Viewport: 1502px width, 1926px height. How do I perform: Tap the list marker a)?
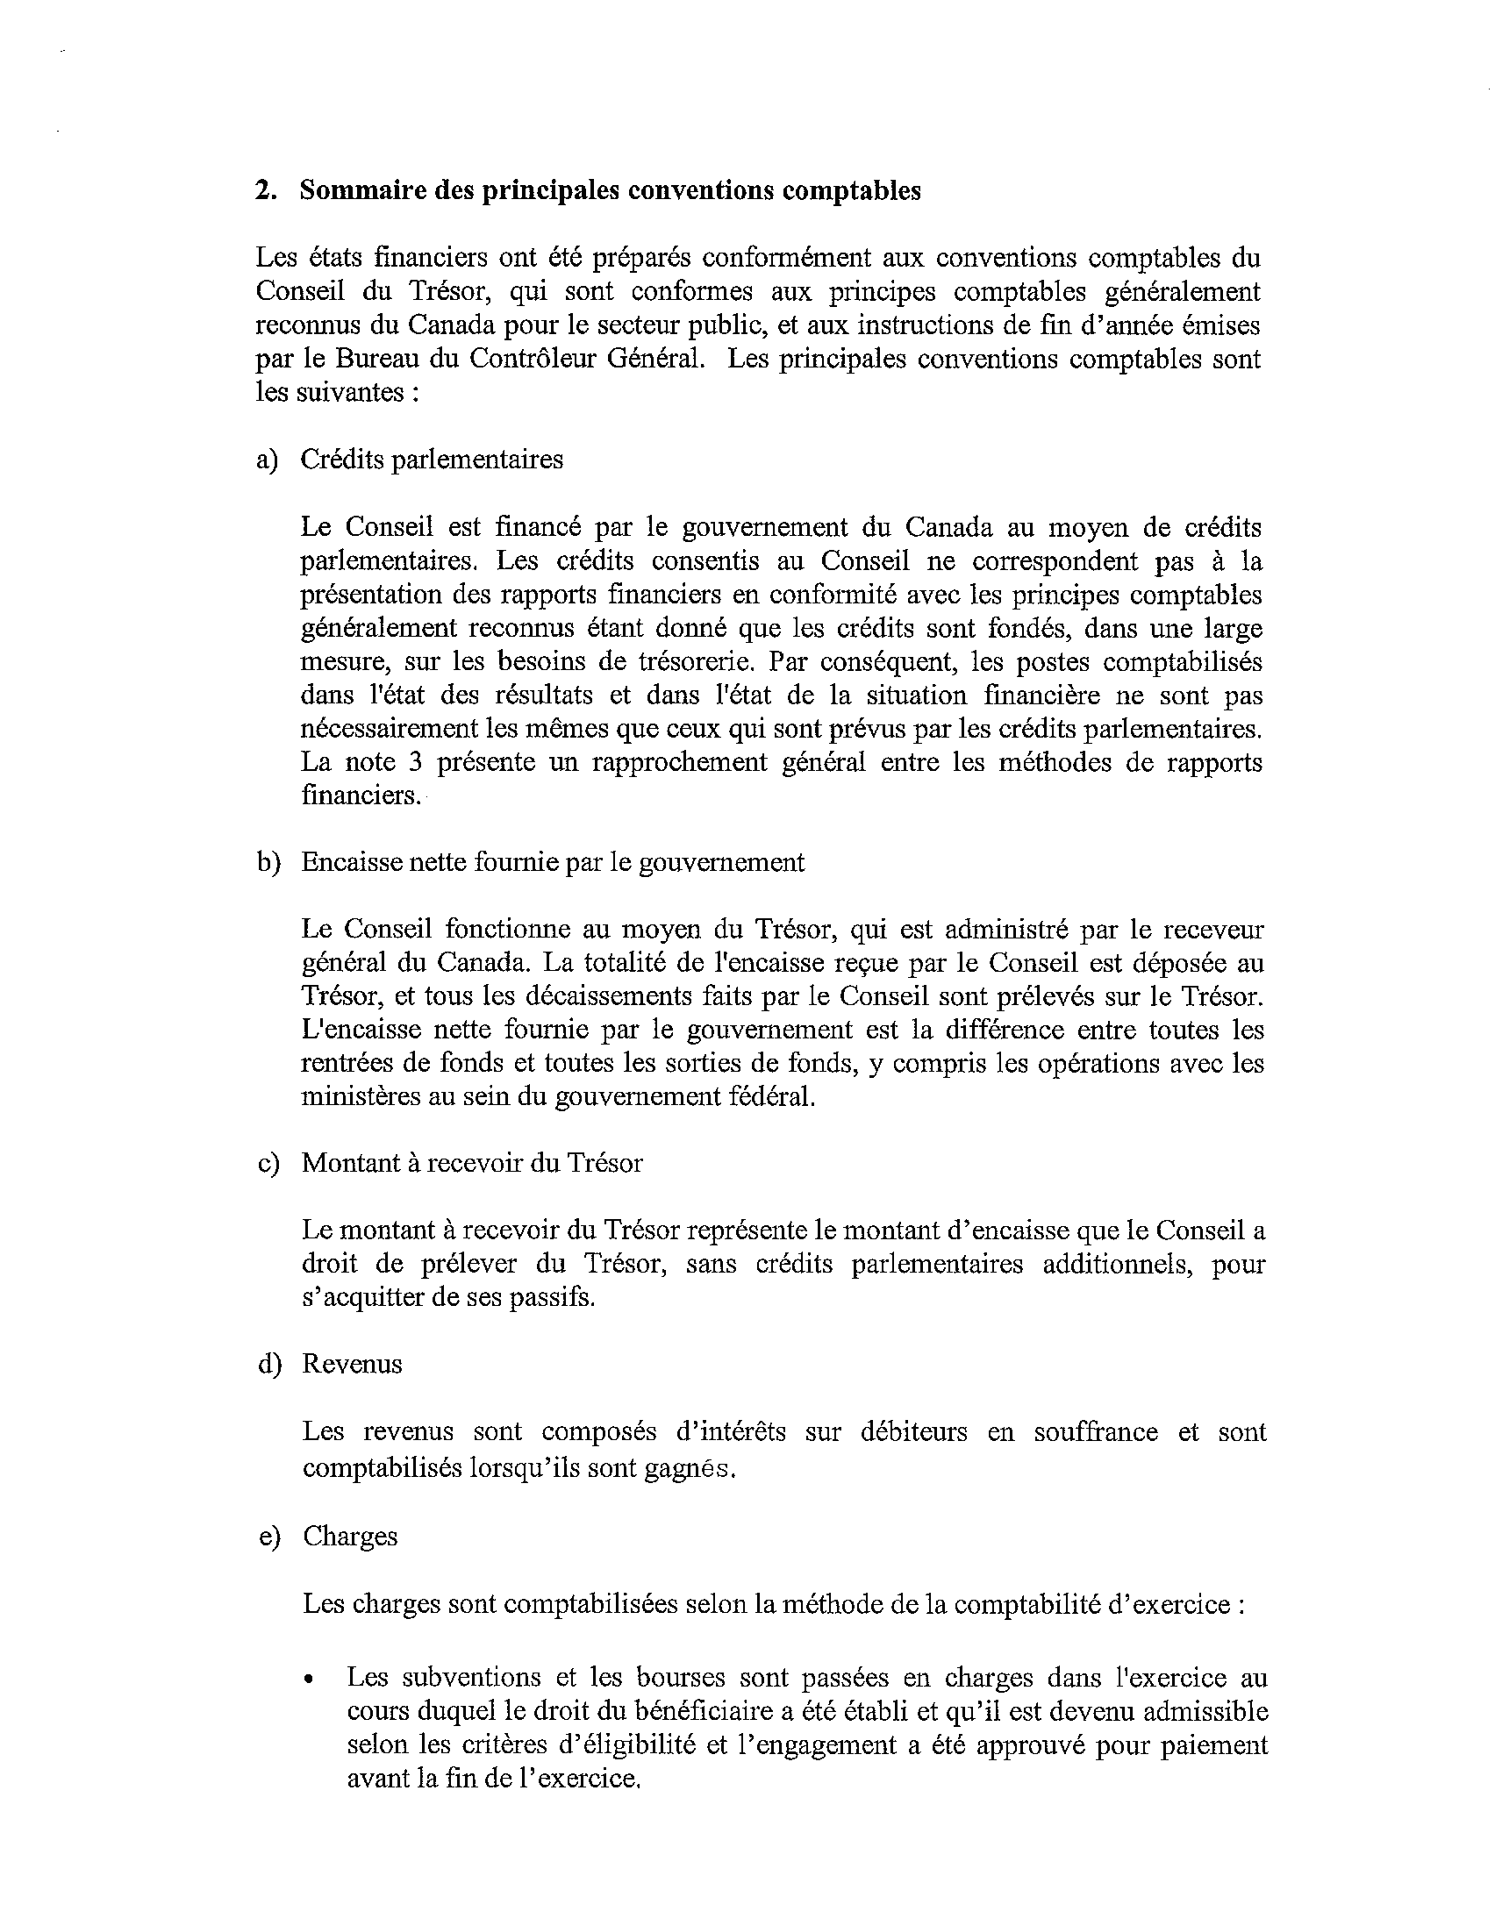(x=267, y=460)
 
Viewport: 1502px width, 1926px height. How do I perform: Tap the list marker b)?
(x=268, y=862)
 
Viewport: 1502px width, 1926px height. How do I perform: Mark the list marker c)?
(x=268, y=1164)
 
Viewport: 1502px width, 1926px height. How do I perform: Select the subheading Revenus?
(x=352, y=1366)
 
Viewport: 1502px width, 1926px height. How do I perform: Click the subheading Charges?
(x=350, y=1537)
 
